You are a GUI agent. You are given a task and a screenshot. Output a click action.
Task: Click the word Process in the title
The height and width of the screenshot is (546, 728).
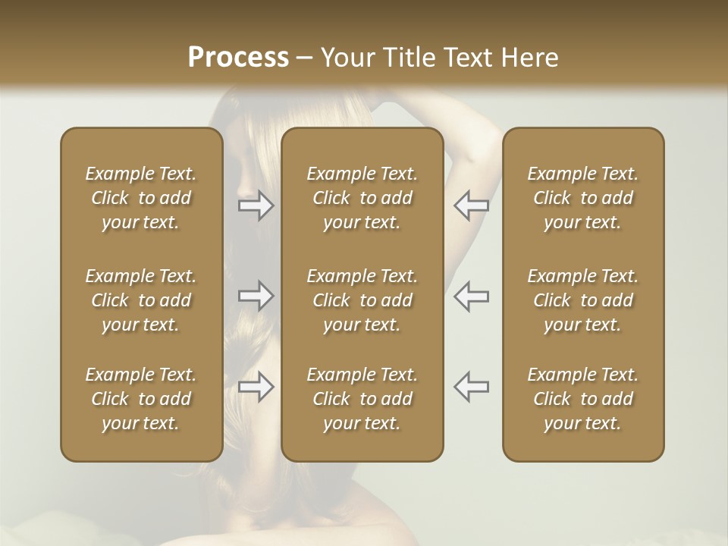[x=238, y=58]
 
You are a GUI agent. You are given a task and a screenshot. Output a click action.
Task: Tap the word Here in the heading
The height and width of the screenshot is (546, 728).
[x=528, y=58]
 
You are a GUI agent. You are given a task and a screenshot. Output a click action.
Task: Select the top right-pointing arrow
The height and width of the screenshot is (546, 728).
[x=256, y=206]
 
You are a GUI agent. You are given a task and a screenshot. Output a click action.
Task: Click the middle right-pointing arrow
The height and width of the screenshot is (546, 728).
[x=256, y=296]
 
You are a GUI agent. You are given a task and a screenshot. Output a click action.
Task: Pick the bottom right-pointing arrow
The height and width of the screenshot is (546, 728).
[x=256, y=387]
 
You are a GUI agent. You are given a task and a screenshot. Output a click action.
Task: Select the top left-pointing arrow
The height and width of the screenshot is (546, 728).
[x=471, y=206]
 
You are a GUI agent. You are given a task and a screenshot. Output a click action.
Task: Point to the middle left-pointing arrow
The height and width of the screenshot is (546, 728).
[x=471, y=296]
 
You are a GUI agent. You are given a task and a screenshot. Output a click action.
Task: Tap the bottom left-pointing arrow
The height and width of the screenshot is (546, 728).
[x=471, y=387]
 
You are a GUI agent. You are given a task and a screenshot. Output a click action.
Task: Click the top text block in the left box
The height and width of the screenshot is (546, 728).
[x=141, y=198]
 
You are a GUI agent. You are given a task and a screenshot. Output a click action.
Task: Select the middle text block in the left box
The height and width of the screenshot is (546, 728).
[x=141, y=300]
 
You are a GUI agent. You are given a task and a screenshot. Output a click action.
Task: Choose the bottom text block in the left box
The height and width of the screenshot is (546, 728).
[x=141, y=399]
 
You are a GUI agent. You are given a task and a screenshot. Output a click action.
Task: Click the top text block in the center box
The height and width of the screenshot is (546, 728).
[x=362, y=198]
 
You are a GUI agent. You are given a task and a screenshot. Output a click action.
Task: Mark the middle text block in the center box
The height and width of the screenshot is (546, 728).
[x=362, y=300]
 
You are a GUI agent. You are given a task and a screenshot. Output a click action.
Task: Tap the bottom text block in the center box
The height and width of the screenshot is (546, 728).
[x=362, y=399]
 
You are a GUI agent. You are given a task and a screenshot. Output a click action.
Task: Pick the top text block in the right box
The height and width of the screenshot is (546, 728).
[x=582, y=198]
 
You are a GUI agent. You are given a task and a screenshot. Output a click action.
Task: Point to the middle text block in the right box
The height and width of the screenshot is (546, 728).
[x=582, y=300]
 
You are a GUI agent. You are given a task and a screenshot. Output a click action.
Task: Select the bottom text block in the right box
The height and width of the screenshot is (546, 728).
[x=582, y=399]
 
